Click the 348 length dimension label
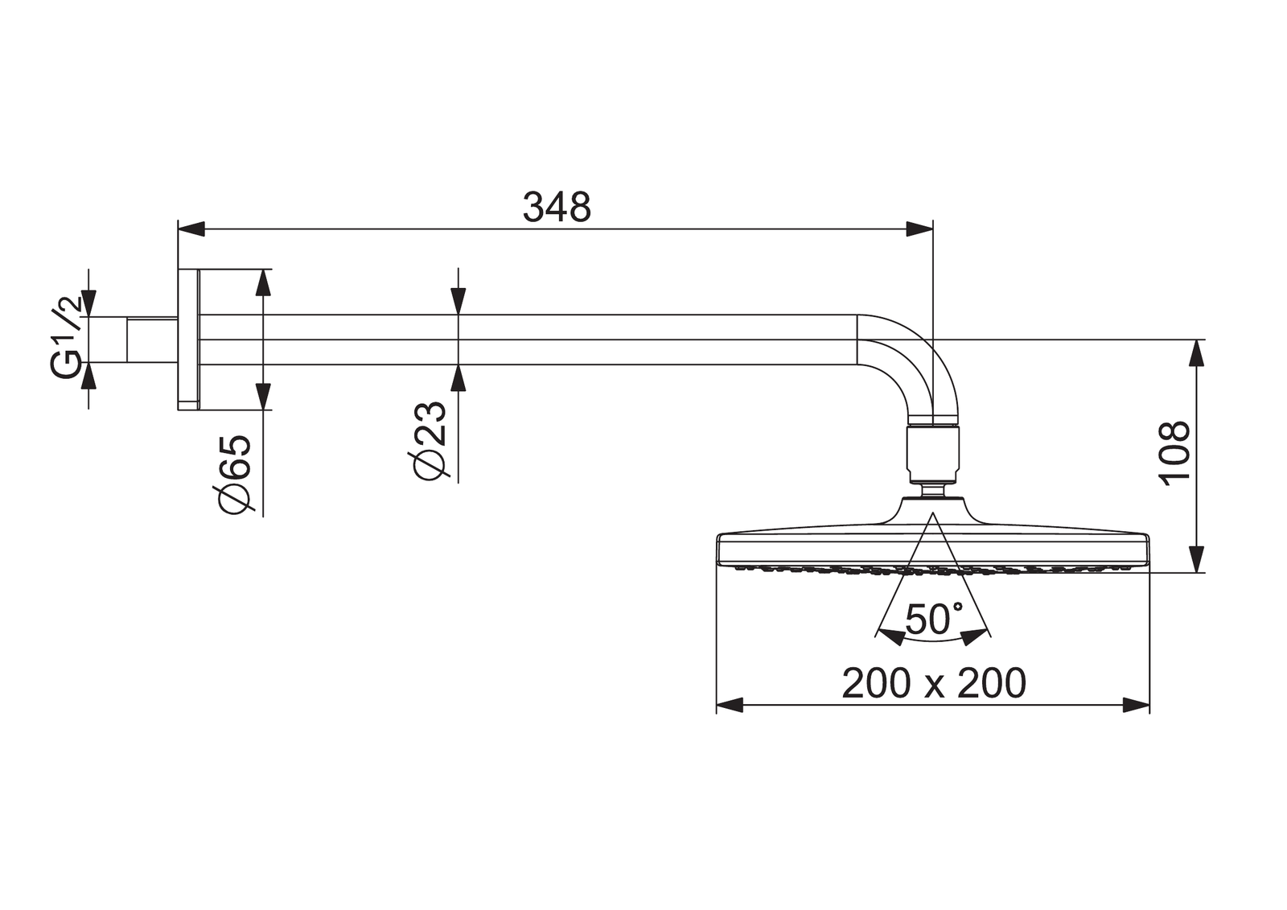click(557, 208)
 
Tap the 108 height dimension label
click(1175, 452)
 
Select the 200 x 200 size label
click(933, 683)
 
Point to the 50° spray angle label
click(933, 619)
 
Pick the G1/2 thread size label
click(67, 336)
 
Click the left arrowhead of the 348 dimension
click(191, 229)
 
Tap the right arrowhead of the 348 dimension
click(919, 229)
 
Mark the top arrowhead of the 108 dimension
click(1197, 353)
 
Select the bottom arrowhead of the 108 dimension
click(1197, 559)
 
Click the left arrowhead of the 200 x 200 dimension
click(729, 706)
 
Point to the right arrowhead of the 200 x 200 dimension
click(1137, 706)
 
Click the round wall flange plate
click(188, 340)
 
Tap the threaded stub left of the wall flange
click(152, 340)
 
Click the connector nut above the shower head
click(933, 455)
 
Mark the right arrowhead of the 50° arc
click(975, 636)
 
